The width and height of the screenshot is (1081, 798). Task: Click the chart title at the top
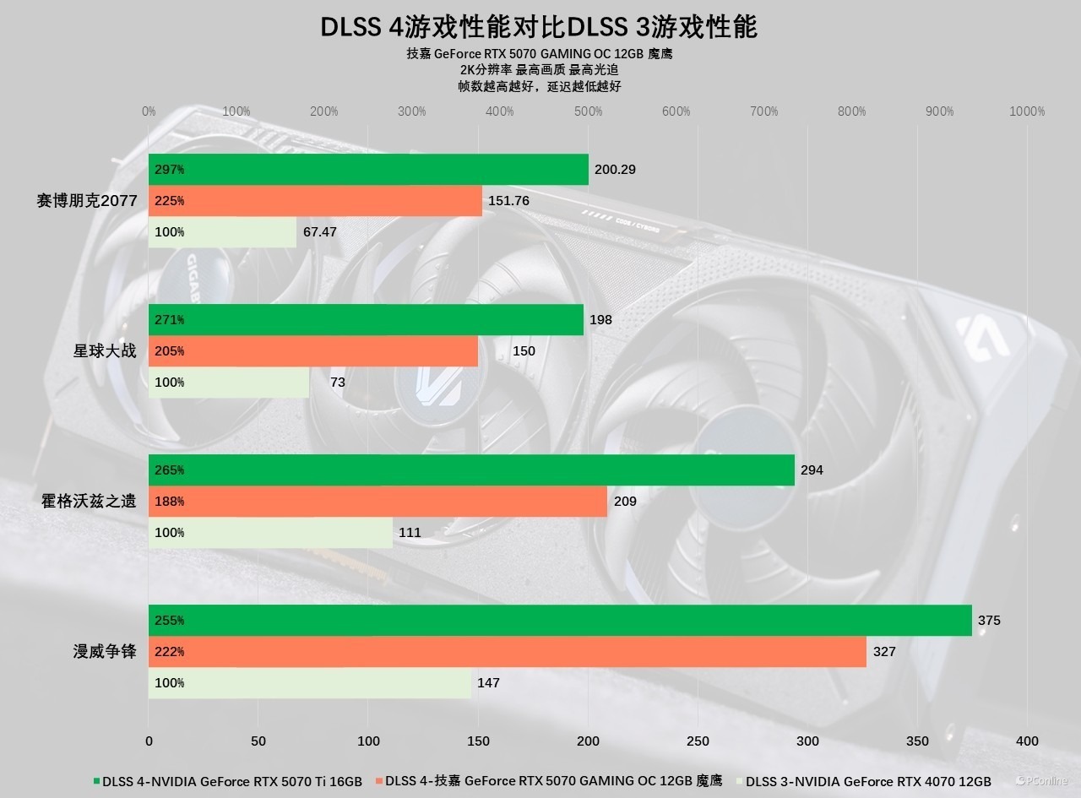539,27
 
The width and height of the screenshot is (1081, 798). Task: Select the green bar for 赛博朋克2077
368,170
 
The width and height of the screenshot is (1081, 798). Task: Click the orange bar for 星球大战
312,351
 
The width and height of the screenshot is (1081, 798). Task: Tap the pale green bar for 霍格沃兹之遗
270,533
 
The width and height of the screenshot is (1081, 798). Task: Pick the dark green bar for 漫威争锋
560,621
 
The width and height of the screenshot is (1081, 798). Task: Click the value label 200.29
615,170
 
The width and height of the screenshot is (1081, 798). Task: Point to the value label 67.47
320,232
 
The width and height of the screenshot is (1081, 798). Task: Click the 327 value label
884,652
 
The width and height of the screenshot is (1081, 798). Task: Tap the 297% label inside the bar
170,170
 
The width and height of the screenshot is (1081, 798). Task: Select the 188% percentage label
170,502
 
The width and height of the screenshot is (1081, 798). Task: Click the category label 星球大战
105,351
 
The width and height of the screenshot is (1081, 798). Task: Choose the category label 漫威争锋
105,652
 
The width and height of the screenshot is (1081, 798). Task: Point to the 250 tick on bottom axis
698,741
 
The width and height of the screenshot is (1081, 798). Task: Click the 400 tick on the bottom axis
1027,741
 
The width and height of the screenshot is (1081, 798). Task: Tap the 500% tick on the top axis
588,111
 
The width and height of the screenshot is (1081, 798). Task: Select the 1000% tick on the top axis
1027,111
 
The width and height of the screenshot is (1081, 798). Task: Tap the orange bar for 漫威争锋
507,652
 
